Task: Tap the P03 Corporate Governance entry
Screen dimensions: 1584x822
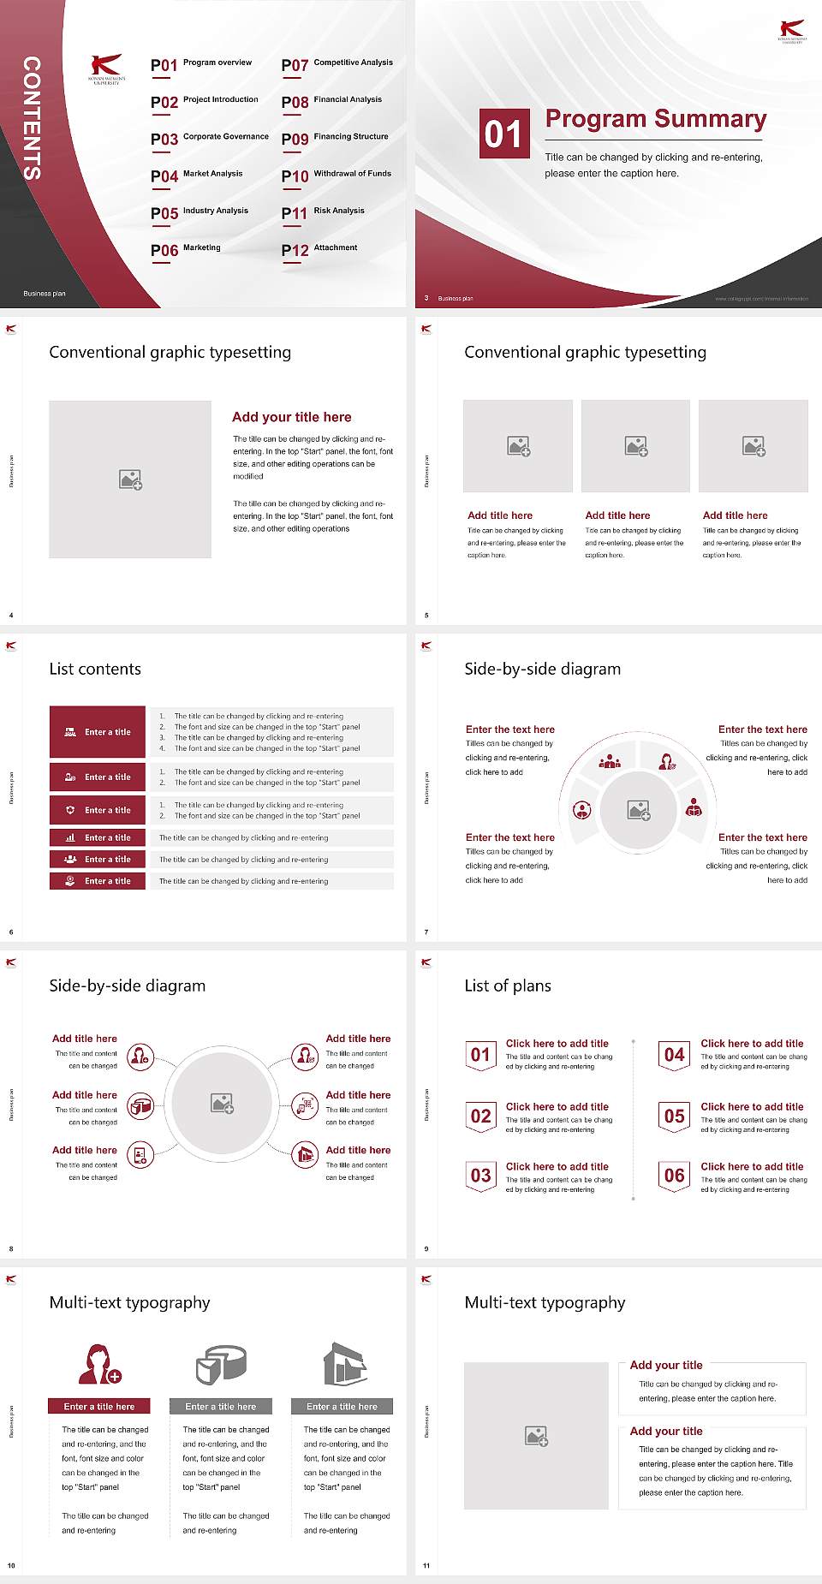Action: pyautogui.click(x=210, y=138)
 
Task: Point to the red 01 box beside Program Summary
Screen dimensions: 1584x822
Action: pyautogui.click(x=503, y=134)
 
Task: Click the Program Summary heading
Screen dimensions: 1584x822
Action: pyautogui.click(x=655, y=119)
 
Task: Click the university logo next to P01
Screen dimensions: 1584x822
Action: pyautogui.click(x=106, y=68)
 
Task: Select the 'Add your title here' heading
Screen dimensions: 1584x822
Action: pyautogui.click(x=291, y=417)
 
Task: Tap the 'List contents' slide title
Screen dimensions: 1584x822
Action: pyautogui.click(x=95, y=669)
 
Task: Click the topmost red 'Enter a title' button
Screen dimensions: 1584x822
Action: pyautogui.click(x=98, y=732)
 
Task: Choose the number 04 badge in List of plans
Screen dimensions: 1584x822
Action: pyautogui.click(x=675, y=1055)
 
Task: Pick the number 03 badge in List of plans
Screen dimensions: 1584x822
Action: pyautogui.click(x=481, y=1176)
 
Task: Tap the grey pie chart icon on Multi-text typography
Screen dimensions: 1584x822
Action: pyautogui.click(x=221, y=1364)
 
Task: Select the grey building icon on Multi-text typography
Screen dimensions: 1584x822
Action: pyautogui.click(x=345, y=1364)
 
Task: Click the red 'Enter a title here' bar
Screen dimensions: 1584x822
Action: pyautogui.click(x=98, y=1406)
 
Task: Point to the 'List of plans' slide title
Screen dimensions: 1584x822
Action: pyautogui.click(x=508, y=986)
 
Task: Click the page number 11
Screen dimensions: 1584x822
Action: pyautogui.click(x=426, y=1566)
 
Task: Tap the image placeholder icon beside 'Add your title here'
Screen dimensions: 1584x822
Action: pyautogui.click(x=130, y=479)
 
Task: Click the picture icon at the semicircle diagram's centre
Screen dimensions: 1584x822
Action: pyautogui.click(x=639, y=810)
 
